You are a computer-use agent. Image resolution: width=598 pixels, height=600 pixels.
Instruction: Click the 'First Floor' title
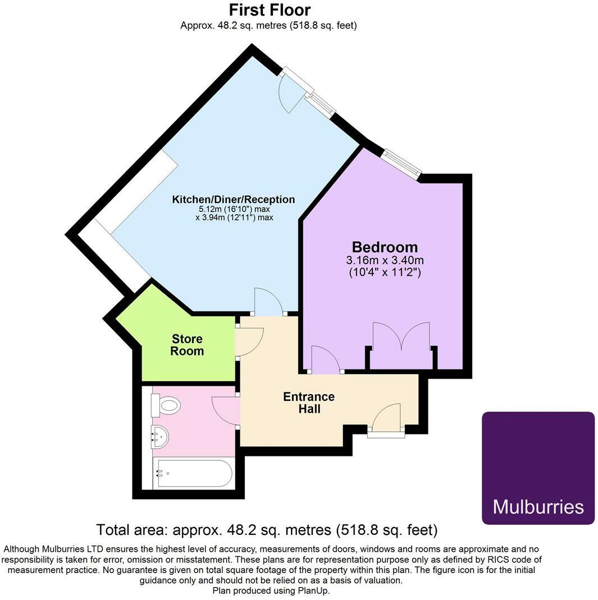click(269, 10)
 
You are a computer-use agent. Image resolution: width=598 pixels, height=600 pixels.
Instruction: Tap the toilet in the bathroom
click(167, 405)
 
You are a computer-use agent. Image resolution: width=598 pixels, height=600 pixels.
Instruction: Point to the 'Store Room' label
click(187, 345)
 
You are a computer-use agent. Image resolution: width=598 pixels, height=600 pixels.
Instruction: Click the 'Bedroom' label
click(385, 247)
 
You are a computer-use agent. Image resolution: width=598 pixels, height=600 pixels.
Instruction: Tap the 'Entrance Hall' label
click(309, 403)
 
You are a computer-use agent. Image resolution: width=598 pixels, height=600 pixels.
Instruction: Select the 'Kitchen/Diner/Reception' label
click(233, 199)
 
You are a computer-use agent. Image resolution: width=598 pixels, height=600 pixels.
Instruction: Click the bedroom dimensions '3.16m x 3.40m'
click(385, 260)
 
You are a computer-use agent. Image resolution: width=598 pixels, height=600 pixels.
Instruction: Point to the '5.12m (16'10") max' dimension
click(234, 209)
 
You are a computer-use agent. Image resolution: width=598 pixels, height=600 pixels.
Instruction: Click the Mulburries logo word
click(538, 506)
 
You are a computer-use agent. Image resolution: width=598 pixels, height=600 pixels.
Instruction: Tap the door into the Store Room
click(249, 341)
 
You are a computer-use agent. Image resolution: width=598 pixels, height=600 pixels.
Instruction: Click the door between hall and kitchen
click(268, 302)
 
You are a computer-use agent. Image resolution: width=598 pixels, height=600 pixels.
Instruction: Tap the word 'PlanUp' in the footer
click(315, 590)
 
